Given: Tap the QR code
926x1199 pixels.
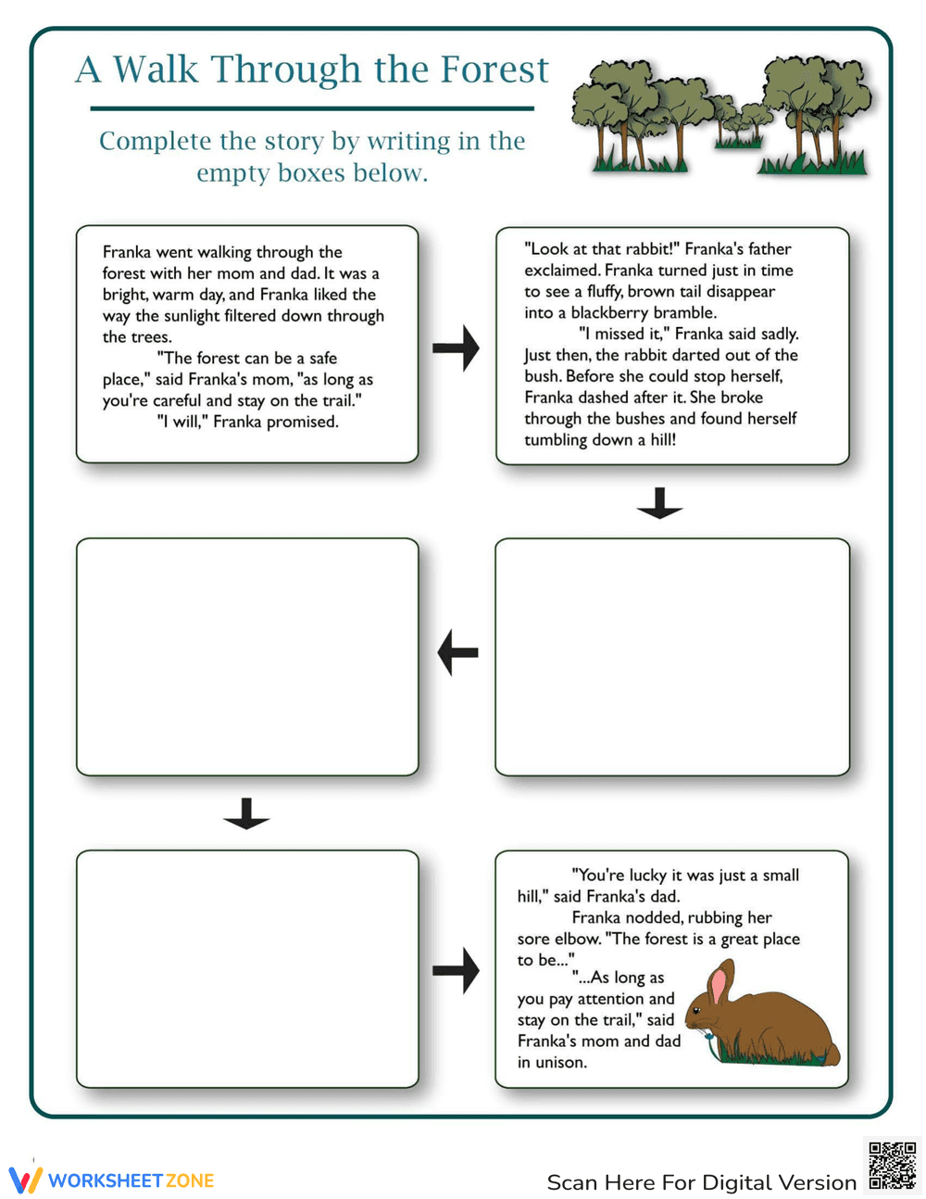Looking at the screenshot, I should [x=892, y=1165].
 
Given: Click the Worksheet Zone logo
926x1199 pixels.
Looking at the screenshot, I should [x=112, y=1180].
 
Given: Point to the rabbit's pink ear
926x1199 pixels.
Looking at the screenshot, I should [x=719, y=987].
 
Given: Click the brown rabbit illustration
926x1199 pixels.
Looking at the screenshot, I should [x=769, y=1019].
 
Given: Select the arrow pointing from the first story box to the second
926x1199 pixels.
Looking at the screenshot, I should [x=456, y=348].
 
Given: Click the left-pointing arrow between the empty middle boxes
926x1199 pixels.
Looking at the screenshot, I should [x=457, y=652].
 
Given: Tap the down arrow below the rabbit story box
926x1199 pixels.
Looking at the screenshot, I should [x=659, y=503].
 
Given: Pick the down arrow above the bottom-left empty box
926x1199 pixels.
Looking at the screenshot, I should [x=246, y=814].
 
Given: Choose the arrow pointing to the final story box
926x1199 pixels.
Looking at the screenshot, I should [x=456, y=971].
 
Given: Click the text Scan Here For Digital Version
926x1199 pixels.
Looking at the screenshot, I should [x=701, y=1182].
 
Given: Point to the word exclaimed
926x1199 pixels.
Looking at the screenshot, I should [x=561, y=271].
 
